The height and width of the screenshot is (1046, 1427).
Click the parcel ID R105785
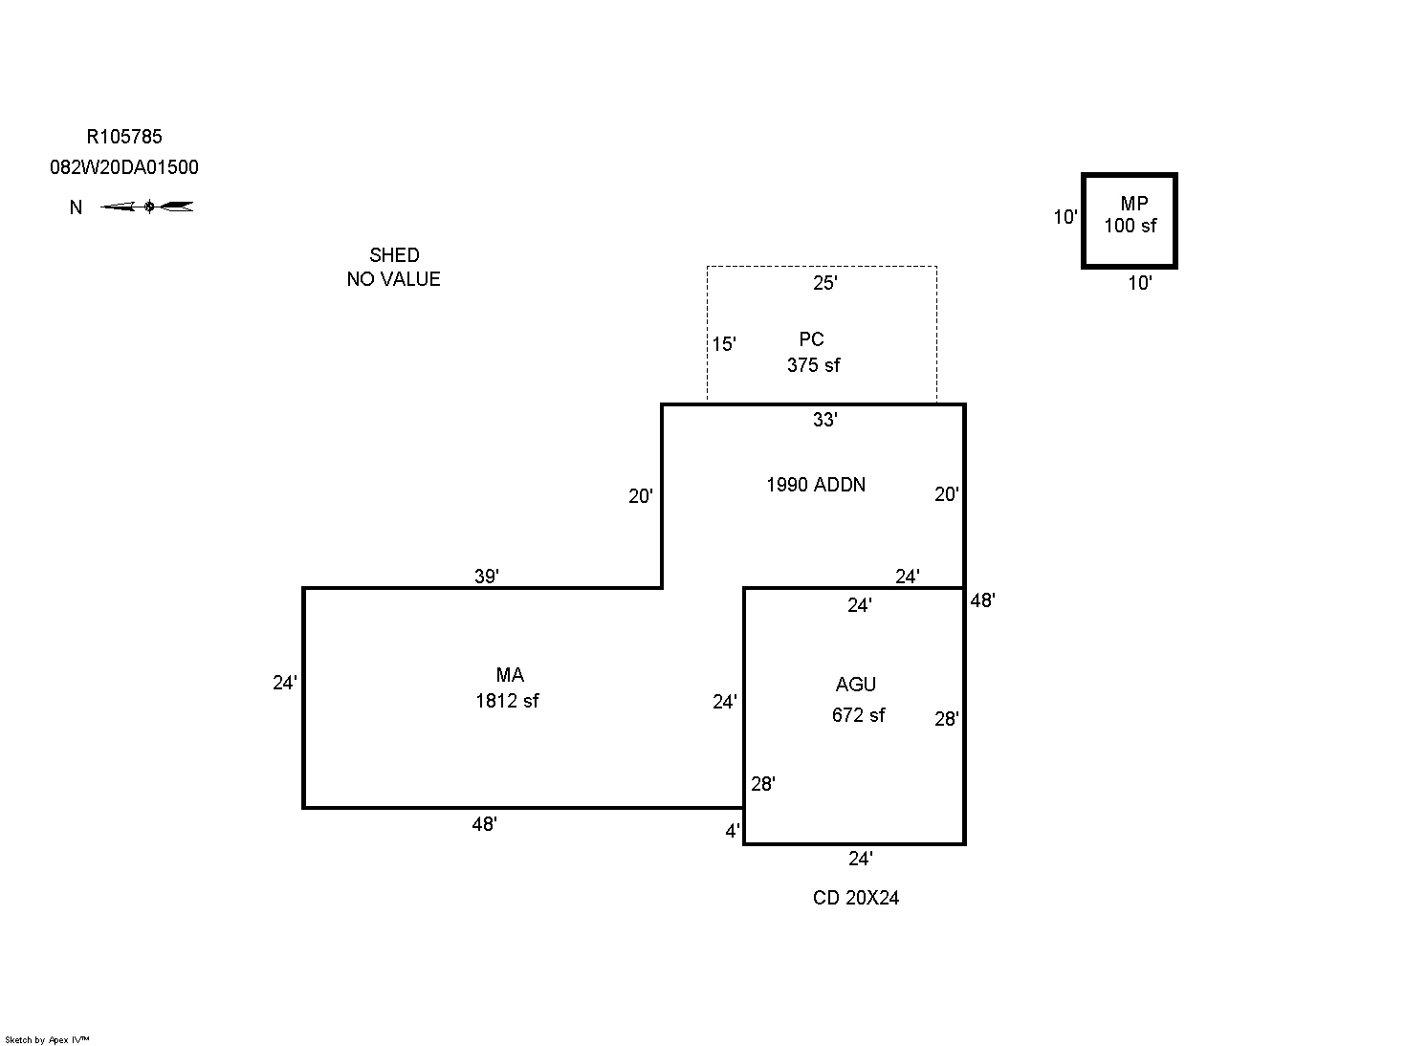[x=124, y=137]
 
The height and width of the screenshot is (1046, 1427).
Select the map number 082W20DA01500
[x=124, y=167]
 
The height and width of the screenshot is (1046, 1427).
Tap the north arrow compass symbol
[x=148, y=207]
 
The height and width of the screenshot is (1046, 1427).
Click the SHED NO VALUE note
[x=393, y=267]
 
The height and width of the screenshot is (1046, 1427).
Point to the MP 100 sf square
[x=1129, y=221]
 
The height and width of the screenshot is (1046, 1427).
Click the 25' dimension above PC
[x=824, y=283]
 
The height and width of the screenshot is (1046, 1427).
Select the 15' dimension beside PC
[x=724, y=344]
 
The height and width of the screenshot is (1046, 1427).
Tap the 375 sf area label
[x=813, y=365]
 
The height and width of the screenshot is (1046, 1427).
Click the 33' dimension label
[x=824, y=420]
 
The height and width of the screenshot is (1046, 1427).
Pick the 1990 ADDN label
[x=815, y=485]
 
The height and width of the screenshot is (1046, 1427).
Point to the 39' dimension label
[x=487, y=577]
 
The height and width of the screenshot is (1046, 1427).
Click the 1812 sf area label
[x=507, y=701]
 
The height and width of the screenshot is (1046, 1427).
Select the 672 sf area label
[x=858, y=715]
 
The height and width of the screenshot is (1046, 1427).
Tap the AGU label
[x=855, y=685]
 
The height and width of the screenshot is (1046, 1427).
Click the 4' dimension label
[x=732, y=832]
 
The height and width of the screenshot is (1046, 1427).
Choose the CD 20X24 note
[x=855, y=898]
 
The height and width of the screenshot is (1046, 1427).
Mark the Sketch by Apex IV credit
[x=47, y=1039]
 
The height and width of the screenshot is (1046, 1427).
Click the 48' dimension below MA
[x=484, y=824]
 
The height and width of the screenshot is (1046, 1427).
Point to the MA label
[x=510, y=676]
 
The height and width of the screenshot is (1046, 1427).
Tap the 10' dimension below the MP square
[x=1139, y=283]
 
